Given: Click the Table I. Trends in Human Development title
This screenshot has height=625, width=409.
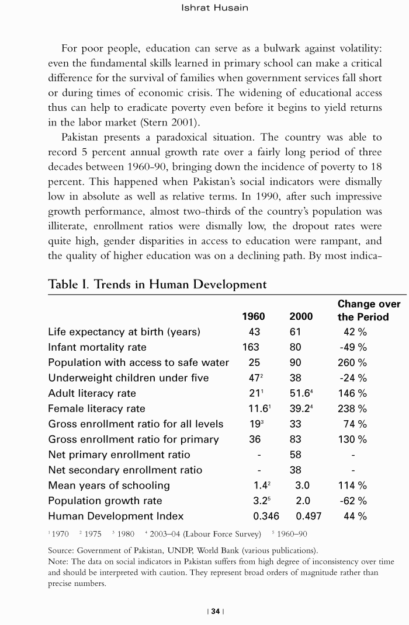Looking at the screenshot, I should tap(157, 284).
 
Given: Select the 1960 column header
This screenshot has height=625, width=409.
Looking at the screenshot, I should tap(253, 317).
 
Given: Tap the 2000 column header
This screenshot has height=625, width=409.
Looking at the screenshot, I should tap(300, 317).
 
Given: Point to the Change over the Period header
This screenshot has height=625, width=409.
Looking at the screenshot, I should tap(369, 310).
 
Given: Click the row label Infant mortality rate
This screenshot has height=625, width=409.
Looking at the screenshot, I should tap(97, 347).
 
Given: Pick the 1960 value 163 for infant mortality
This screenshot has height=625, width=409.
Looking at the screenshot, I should tap(251, 347).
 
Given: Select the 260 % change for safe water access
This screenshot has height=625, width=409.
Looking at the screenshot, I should tap(353, 362).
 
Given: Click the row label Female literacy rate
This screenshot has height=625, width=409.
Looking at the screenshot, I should tap(96, 408).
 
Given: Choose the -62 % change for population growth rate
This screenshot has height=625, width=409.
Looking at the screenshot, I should tap(353, 501).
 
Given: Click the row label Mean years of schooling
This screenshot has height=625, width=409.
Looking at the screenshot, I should tap(109, 486).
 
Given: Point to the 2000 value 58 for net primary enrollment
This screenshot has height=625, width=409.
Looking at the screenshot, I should tap(296, 455).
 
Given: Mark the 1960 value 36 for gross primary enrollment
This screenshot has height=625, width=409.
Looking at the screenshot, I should tap(254, 439).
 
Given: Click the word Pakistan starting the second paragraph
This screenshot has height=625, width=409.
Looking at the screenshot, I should tap(81, 137).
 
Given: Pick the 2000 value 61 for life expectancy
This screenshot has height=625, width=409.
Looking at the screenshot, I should tap(296, 332).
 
